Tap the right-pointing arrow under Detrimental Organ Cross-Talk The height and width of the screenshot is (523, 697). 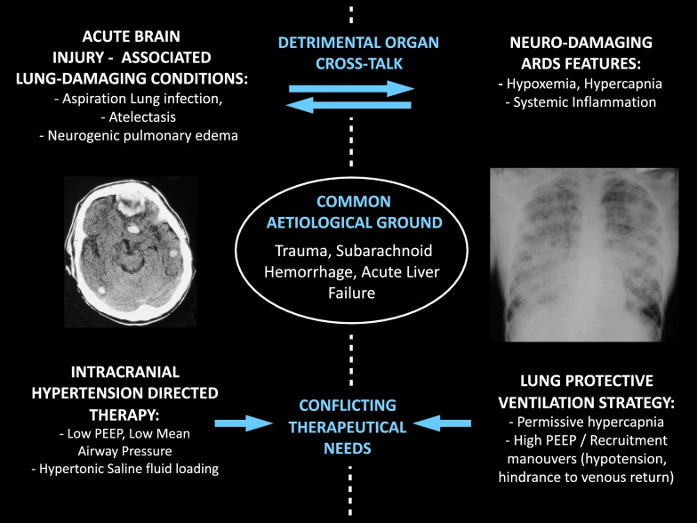click(352, 88)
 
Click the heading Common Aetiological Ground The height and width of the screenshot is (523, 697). click(353, 213)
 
